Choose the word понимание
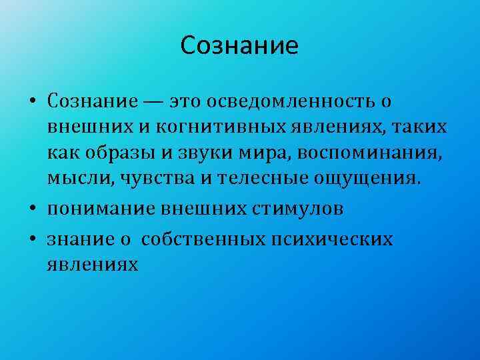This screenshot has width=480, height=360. click(x=101, y=208)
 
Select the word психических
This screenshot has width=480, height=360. click(x=341, y=239)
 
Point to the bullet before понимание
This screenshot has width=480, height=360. click(x=33, y=209)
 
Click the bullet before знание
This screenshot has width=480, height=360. click(x=33, y=240)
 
